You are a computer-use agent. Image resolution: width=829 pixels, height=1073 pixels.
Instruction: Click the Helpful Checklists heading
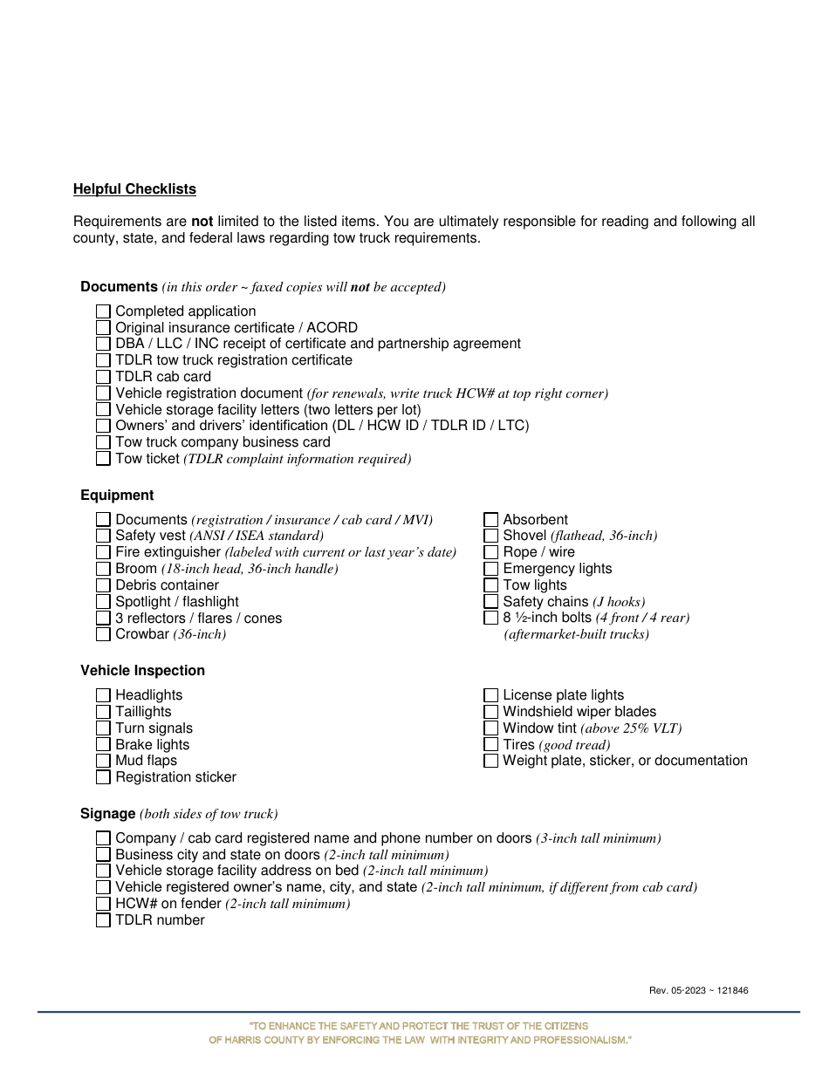coord(134,189)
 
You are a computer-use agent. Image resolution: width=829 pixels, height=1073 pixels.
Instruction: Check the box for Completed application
coord(103,311)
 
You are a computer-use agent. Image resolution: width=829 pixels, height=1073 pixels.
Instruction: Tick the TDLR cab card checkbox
coord(103,377)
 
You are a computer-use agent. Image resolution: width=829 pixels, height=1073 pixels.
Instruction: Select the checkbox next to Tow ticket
coord(103,458)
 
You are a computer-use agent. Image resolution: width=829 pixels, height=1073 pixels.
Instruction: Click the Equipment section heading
coord(117,495)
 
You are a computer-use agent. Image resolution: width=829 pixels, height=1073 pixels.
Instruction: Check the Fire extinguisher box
coord(103,552)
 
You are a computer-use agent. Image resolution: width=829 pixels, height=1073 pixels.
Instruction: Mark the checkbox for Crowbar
coord(103,634)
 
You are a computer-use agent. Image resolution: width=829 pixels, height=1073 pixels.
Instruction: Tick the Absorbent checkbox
coord(490,520)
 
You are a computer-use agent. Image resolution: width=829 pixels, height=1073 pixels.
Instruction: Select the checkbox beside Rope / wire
coord(490,552)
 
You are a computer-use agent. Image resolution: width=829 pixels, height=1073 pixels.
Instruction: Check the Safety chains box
coord(490,602)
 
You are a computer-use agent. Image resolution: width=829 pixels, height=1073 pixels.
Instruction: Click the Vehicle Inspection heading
coord(142,671)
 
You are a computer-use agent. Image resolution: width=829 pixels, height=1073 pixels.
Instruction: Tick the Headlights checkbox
coord(103,695)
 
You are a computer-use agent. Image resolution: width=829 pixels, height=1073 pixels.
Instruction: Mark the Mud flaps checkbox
coord(103,761)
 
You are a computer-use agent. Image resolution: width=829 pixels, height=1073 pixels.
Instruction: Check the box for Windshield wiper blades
coord(490,712)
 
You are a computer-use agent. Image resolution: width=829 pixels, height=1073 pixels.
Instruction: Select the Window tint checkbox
coord(490,728)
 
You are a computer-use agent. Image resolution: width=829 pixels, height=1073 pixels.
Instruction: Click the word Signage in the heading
coord(107,814)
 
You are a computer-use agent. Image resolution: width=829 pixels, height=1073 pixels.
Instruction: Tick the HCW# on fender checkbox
coord(103,904)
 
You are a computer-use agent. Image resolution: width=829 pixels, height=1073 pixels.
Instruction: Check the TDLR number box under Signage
coord(103,920)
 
